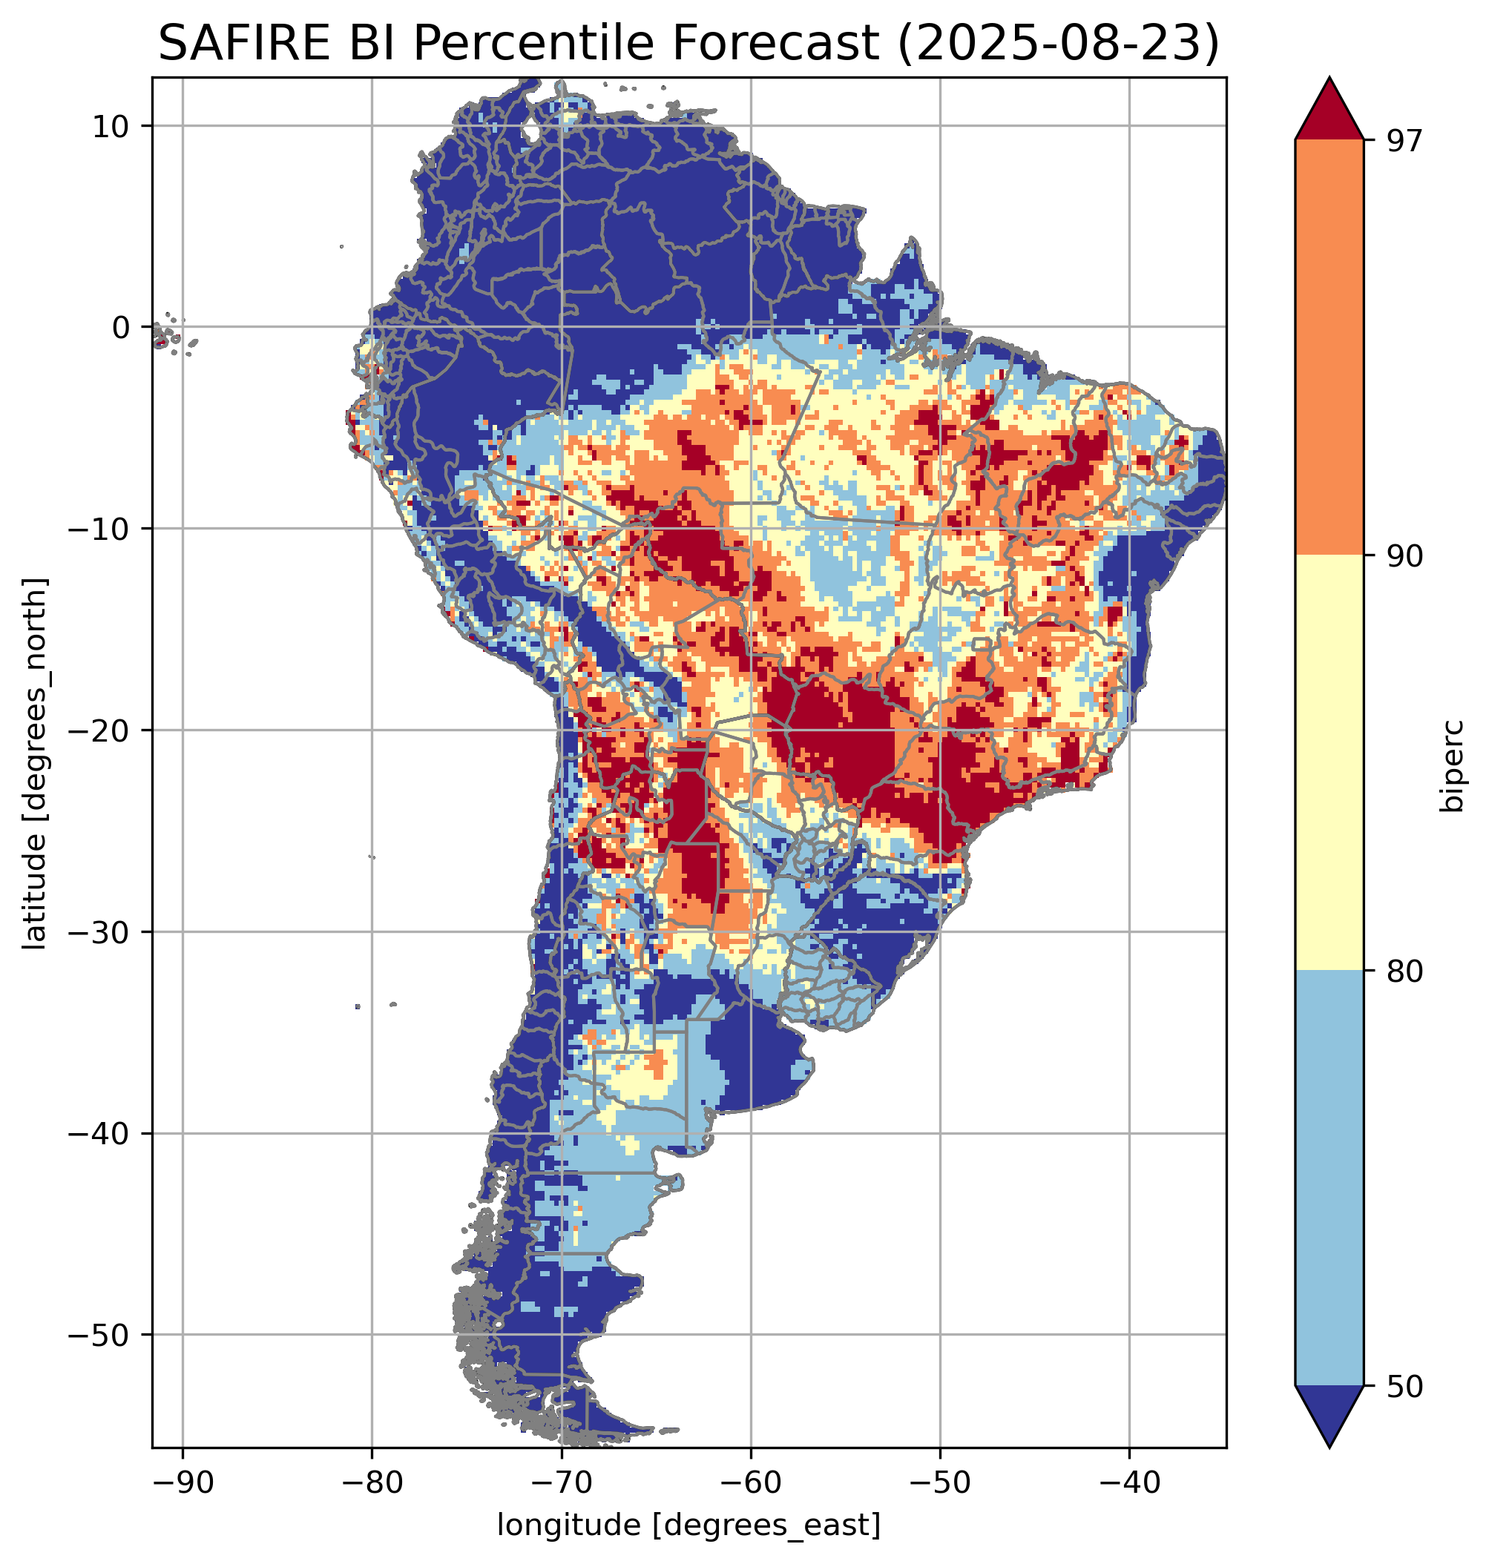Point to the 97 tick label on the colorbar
point(1404,140)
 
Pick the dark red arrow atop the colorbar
point(1329,111)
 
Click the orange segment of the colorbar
point(1329,348)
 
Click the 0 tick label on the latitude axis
point(121,327)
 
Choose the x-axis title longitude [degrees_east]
point(688,1524)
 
